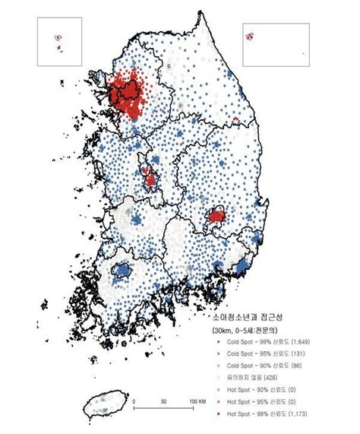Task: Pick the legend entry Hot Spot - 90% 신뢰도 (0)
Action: click(x=255, y=388)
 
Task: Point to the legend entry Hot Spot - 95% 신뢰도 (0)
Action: click(x=255, y=400)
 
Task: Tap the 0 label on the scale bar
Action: click(x=133, y=401)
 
